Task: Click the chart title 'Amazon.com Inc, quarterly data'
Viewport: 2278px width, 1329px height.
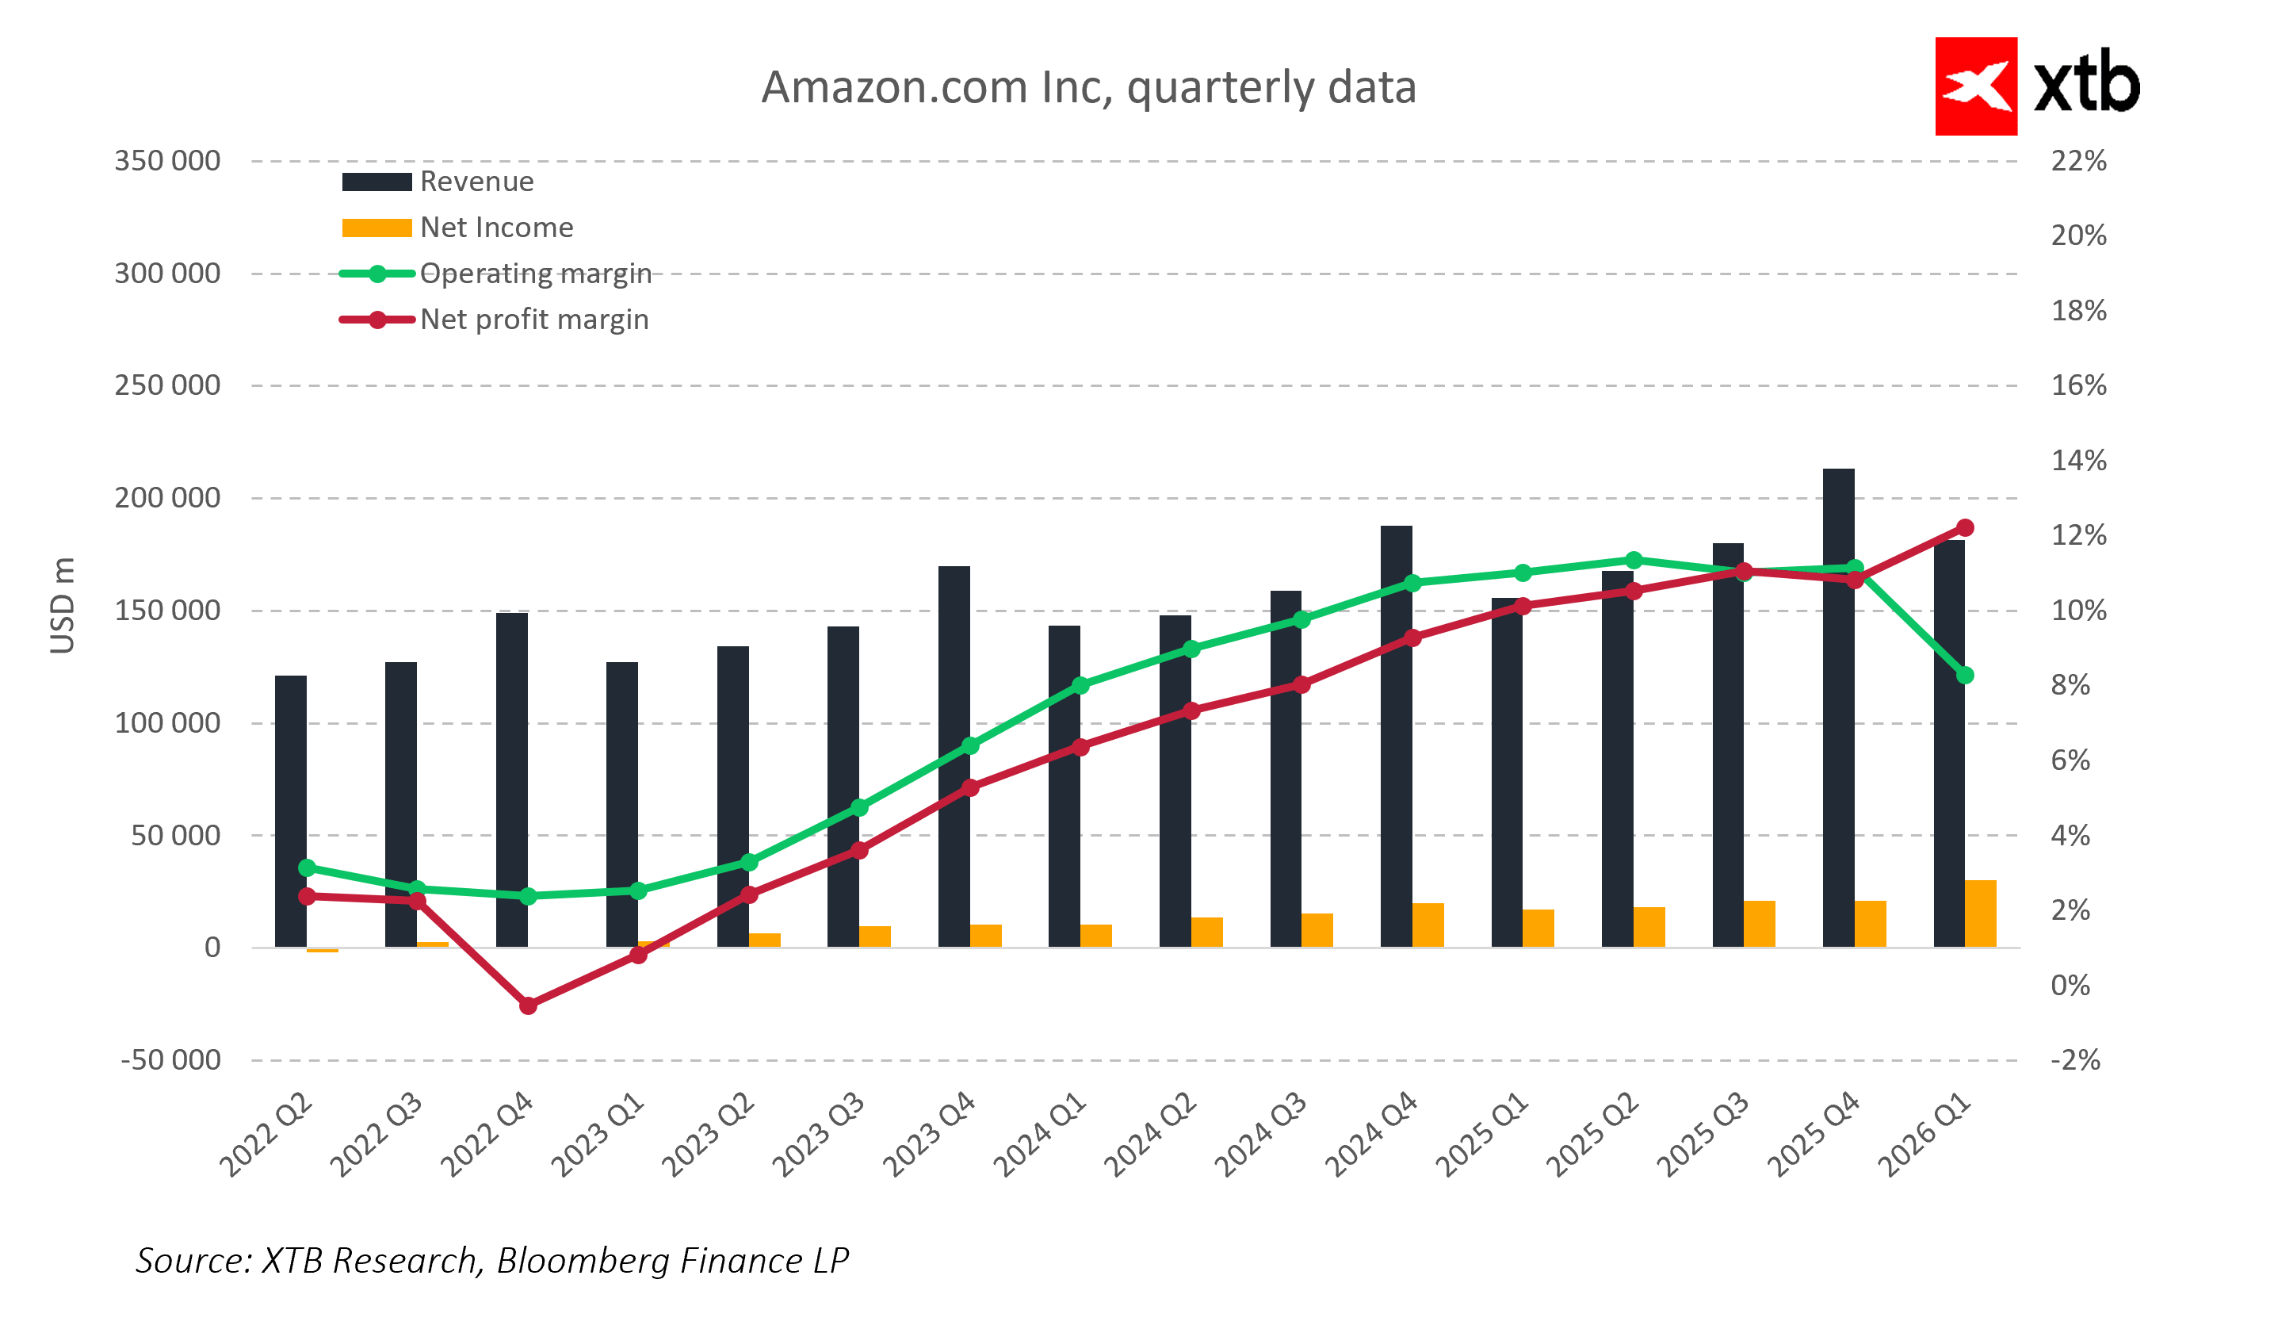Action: pyautogui.click(x=1087, y=88)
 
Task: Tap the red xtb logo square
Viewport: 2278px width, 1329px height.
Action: pyautogui.click(x=1974, y=86)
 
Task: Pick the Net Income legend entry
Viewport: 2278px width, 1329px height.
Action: pyautogui.click(x=457, y=228)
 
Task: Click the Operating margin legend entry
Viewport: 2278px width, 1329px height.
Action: pyautogui.click(x=495, y=274)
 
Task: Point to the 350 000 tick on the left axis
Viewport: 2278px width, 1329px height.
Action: pyautogui.click(x=167, y=161)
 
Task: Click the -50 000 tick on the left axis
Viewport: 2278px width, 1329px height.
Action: pyautogui.click(x=171, y=1059)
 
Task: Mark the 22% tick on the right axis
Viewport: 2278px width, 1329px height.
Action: pyautogui.click(x=2077, y=161)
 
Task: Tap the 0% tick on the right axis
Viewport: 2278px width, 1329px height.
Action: pyautogui.click(x=2070, y=986)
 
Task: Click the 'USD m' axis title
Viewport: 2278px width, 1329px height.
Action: pyautogui.click(x=63, y=605)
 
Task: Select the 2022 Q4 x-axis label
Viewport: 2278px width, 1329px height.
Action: pyautogui.click(x=487, y=1135)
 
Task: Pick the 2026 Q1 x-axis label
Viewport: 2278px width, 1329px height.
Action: pyautogui.click(x=1923, y=1135)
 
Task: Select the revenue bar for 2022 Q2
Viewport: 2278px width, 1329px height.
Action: pyautogui.click(x=290, y=814)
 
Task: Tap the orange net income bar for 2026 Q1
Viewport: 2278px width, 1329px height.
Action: pyautogui.click(x=1980, y=914)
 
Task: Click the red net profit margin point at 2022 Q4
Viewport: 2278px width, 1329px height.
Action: pyautogui.click(x=528, y=1005)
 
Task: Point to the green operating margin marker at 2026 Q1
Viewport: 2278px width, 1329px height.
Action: pyautogui.click(x=1963, y=676)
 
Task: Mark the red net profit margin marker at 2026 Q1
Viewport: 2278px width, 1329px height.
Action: pyautogui.click(x=1963, y=528)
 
